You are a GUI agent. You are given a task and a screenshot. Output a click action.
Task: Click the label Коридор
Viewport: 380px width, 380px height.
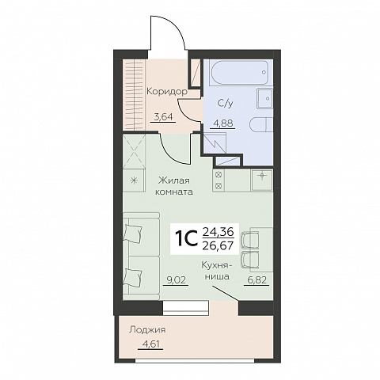click(167, 92)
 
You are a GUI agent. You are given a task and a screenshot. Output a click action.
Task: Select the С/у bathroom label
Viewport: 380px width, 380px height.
click(225, 103)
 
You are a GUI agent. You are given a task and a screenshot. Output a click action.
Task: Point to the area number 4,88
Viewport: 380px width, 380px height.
click(222, 123)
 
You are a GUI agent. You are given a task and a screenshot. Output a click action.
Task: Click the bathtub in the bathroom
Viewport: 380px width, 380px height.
click(238, 73)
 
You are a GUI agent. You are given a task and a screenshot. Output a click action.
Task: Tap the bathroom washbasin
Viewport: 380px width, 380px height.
click(264, 98)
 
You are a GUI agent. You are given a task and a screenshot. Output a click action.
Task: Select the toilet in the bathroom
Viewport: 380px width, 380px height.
click(261, 125)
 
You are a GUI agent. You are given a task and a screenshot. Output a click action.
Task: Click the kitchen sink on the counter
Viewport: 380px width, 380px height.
click(261, 180)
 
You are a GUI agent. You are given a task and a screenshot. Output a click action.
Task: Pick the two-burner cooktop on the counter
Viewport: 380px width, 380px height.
click(218, 180)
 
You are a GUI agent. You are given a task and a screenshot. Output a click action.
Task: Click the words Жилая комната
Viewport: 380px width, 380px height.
click(174, 186)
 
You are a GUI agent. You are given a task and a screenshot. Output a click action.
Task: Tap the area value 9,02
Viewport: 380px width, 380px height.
click(176, 280)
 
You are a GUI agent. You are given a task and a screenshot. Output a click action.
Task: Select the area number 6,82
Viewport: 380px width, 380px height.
click(256, 280)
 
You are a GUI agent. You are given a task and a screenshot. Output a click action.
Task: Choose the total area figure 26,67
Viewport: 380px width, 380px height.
click(218, 245)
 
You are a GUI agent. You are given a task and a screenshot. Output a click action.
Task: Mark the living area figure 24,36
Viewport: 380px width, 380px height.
click(218, 232)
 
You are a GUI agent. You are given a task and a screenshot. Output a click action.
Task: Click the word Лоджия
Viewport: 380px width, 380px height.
click(147, 330)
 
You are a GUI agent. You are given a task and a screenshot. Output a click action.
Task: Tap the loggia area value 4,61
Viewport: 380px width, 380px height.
click(150, 344)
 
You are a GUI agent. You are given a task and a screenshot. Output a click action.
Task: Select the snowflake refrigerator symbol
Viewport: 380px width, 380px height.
click(134, 180)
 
